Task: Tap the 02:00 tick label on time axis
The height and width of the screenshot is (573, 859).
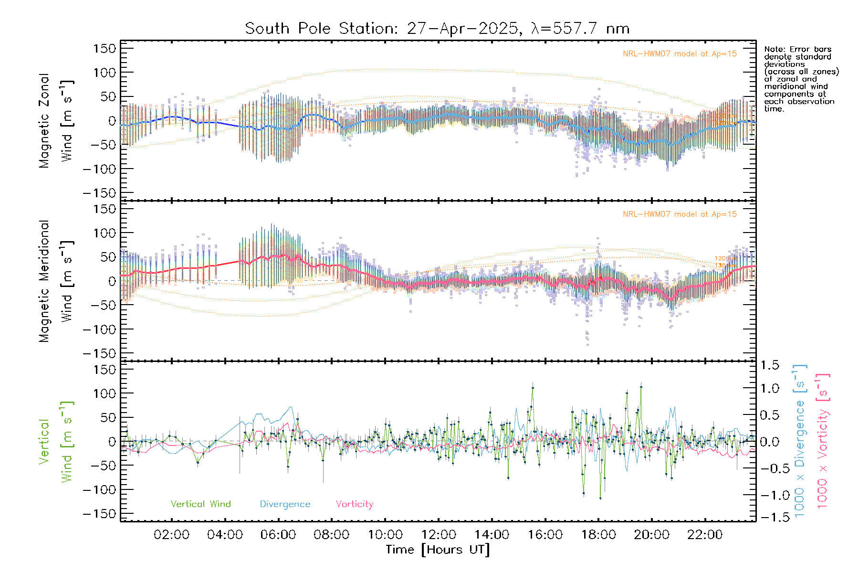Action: coord(171,535)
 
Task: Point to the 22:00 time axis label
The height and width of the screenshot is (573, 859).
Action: coord(705,535)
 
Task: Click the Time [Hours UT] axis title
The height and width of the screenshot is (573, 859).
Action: coord(438,550)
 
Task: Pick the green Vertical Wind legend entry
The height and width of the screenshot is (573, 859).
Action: coord(200,504)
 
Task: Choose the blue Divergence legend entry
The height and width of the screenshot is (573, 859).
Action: coord(285,504)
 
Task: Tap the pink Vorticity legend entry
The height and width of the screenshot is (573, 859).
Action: coord(354,504)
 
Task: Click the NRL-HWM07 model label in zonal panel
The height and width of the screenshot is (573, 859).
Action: coord(680,54)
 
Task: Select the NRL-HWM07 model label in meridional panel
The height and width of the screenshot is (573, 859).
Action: coord(680,214)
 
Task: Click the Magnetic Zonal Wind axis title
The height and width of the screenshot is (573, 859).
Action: coord(56,121)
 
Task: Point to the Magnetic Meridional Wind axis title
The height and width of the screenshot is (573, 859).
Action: coord(56,281)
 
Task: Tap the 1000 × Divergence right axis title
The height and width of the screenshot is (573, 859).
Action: coord(799,441)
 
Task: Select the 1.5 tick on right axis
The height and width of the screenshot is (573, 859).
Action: coord(769,365)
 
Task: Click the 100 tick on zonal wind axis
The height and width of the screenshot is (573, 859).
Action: coord(105,73)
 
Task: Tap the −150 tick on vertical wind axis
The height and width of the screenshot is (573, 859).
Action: coord(99,514)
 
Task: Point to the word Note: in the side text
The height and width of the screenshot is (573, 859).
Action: coord(774,49)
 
